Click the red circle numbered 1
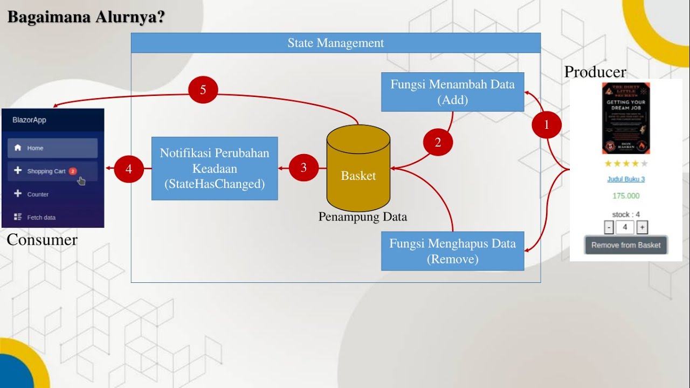[x=547, y=125]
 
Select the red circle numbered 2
[x=438, y=142]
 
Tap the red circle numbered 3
[x=303, y=168]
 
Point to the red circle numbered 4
[x=129, y=169]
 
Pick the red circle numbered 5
[x=203, y=90]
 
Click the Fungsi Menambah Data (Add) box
[x=452, y=92]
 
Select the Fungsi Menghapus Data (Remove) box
[x=452, y=251]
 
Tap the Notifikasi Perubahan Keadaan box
[x=215, y=168]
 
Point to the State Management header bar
[x=335, y=43]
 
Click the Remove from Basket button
[x=626, y=245]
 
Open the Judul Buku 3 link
[x=626, y=179]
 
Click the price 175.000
[x=626, y=196]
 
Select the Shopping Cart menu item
[x=46, y=171]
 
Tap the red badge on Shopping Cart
[x=73, y=171]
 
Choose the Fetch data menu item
[x=42, y=218]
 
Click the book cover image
[x=626, y=119]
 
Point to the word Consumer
[x=42, y=240]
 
